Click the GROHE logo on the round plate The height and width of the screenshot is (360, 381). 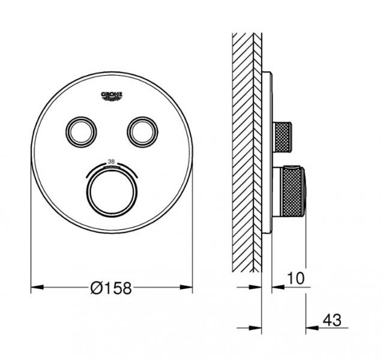(x=112, y=95)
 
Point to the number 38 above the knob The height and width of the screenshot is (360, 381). (x=110, y=161)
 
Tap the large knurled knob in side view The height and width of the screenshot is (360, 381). (x=289, y=193)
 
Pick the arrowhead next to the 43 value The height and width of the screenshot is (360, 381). (x=311, y=328)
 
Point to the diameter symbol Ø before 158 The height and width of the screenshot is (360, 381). (x=95, y=289)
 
